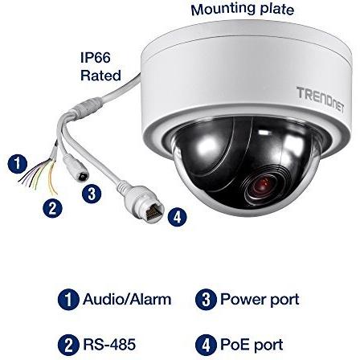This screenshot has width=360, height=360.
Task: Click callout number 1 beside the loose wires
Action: point(18,163)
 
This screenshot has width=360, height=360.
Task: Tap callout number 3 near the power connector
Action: point(92,194)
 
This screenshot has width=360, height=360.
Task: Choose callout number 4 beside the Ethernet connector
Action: point(178,217)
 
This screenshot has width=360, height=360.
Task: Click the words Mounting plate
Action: point(242,9)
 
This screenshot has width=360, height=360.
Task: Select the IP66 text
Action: point(96,57)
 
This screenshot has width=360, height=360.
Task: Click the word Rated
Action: point(100,76)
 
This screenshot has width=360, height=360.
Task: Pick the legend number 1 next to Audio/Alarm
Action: point(68,300)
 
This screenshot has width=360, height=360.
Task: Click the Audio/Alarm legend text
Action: point(127,299)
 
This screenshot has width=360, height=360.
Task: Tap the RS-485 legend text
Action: point(109,345)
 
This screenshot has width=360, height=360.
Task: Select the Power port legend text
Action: point(260,300)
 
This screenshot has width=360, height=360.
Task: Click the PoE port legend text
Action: point(252,345)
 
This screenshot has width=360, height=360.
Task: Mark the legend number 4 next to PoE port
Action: point(206,345)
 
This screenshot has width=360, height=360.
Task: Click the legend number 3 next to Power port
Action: point(206,300)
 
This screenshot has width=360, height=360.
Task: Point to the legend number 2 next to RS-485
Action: point(68,345)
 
